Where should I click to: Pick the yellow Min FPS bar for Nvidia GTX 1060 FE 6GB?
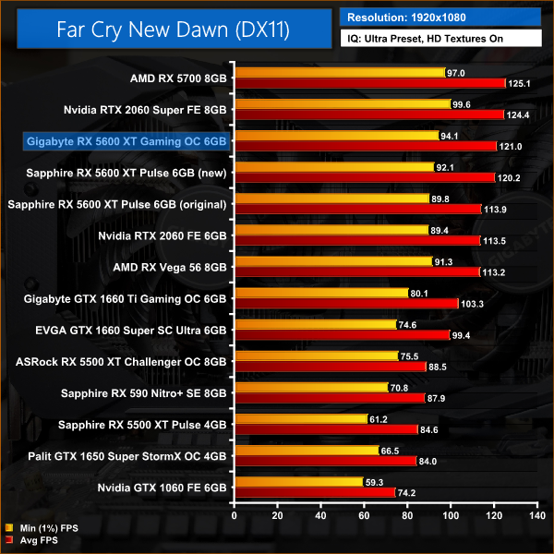(298, 481)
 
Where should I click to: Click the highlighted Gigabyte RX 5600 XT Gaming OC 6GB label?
(126, 140)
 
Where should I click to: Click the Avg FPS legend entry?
(34, 539)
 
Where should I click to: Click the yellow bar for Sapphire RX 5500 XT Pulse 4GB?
(300, 418)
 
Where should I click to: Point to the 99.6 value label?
(464, 104)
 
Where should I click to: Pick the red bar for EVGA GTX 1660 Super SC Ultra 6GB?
(342, 334)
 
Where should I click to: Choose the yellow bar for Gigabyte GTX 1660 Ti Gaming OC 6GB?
(321, 293)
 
